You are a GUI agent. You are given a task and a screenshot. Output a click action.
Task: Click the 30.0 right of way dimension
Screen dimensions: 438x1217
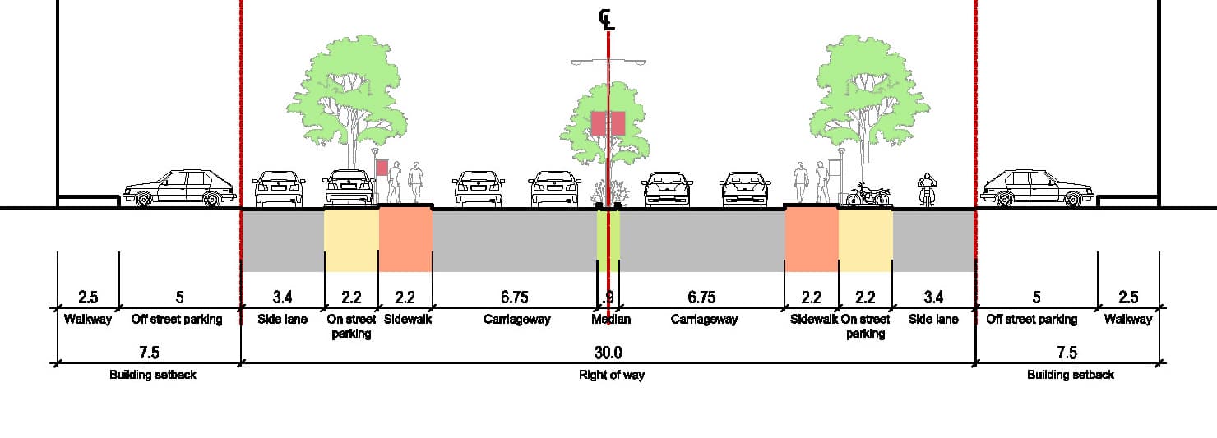tap(608, 353)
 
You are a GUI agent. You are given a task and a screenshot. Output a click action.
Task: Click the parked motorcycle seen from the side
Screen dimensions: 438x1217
tap(868, 195)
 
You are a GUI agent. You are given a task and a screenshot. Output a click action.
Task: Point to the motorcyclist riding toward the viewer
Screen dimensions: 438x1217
tap(927, 191)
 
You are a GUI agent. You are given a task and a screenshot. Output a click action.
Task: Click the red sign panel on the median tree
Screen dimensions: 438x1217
tap(608, 123)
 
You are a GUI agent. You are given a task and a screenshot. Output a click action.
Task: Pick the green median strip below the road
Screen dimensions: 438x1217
tap(608, 241)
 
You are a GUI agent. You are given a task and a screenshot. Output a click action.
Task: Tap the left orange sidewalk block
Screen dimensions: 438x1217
tap(405, 240)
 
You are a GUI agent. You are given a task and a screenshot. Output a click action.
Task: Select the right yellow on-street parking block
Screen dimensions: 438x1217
tap(865, 240)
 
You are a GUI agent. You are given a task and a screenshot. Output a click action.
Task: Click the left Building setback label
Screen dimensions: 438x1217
tap(153, 375)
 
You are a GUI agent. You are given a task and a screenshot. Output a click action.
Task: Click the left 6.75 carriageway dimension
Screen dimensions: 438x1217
tap(514, 297)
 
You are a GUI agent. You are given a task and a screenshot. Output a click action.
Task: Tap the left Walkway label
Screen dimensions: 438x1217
tap(87, 320)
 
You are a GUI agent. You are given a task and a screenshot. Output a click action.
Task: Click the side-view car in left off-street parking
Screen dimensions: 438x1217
tap(179, 188)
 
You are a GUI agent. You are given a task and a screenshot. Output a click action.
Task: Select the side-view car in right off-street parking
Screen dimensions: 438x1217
tap(1037, 188)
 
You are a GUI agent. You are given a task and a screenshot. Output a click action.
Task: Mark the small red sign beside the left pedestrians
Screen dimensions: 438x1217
tap(382, 167)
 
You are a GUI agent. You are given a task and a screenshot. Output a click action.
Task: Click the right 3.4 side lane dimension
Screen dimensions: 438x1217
tap(933, 297)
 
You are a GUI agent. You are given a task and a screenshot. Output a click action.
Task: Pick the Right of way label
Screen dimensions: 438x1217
tap(608, 375)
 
